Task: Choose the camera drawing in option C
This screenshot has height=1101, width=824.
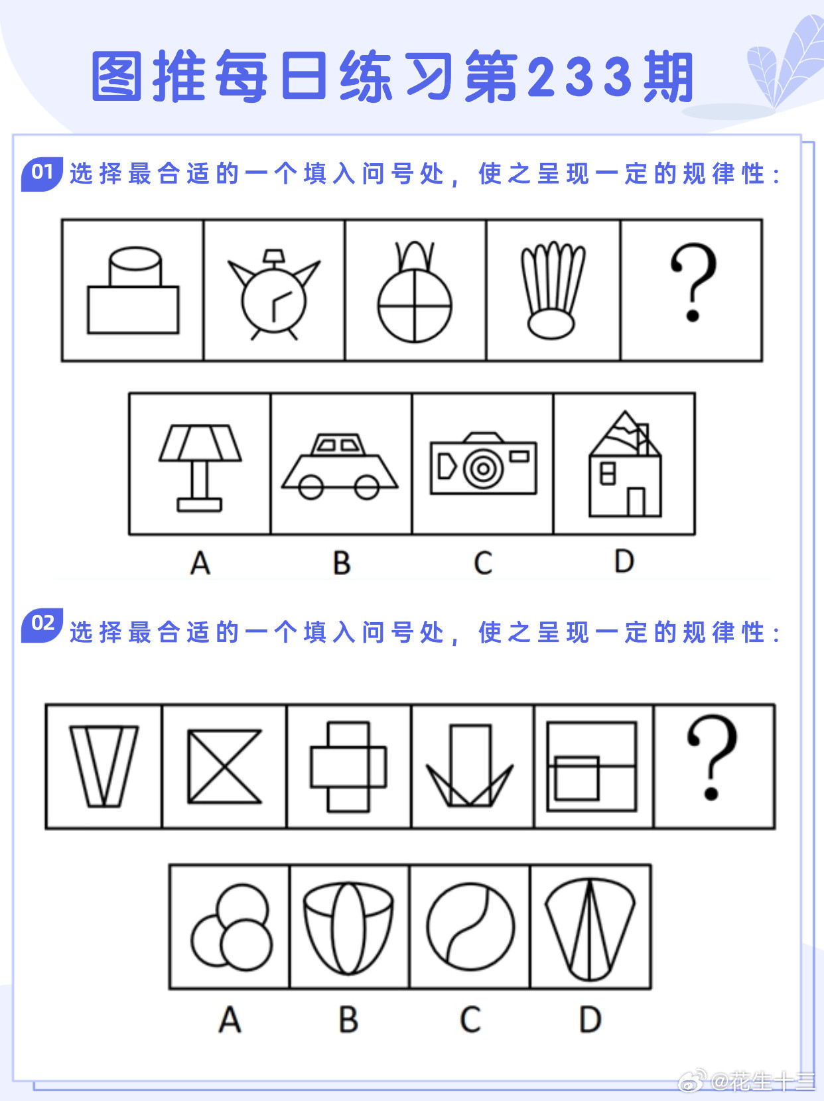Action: pyautogui.click(x=483, y=464)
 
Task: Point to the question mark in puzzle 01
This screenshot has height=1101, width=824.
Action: pyautogui.click(x=693, y=283)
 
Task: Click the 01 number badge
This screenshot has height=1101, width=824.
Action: pyautogui.click(x=42, y=173)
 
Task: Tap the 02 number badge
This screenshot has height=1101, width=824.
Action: pyautogui.click(x=42, y=624)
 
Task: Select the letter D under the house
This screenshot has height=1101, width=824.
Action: pyautogui.click(x=624, y=562)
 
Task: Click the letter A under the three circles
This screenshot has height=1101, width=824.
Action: pyautogui.click(x=230, y=1019)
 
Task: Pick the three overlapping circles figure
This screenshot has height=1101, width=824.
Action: pyautogui.click(x=232, y=927)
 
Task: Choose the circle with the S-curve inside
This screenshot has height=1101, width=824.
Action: pyautogui.click(x=470, y=926)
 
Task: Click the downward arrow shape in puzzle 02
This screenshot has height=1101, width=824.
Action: pyautogui.click(x=470, y=766)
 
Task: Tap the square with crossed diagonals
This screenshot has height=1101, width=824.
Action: pyautogui.click(x=224, y=766)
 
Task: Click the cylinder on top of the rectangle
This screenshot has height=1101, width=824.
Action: pyautogui.click(x=135, y=267)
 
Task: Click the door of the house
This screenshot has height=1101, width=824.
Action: pyautogui.click(x=636, y=501)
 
